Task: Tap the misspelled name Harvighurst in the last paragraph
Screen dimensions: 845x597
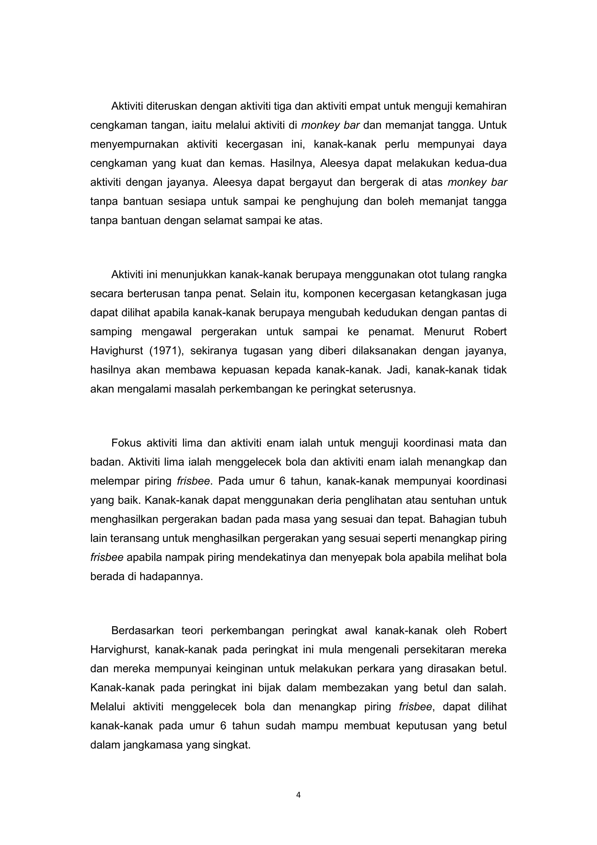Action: (120, 650)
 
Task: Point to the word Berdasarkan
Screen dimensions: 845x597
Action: (142, 631)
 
